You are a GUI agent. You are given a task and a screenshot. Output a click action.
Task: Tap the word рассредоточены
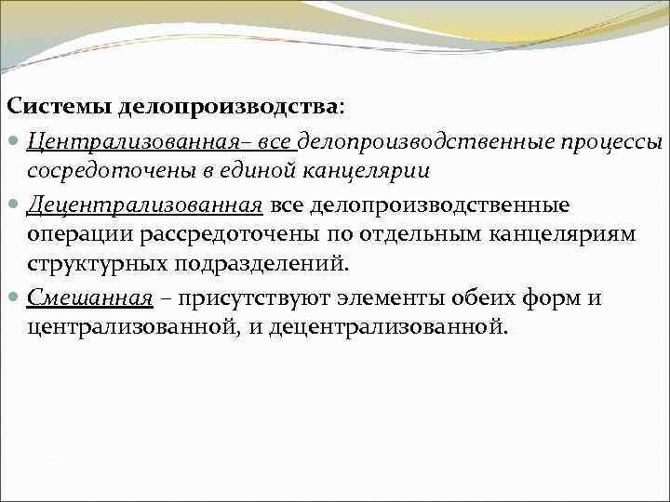215,234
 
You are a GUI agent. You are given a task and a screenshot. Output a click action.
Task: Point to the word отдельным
408,234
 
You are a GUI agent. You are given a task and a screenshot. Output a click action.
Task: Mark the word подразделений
267,264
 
